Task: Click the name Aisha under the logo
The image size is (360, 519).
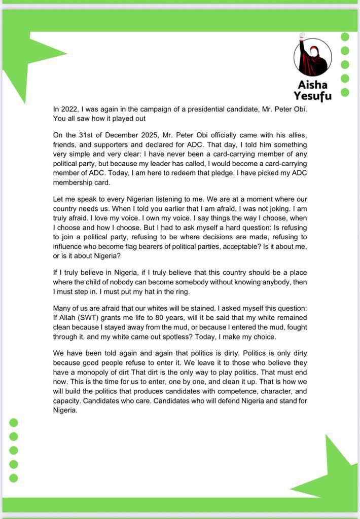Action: tap(312, 85)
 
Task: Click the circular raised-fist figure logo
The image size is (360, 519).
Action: tap(312, 57)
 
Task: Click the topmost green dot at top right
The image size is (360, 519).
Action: tap(345, 36)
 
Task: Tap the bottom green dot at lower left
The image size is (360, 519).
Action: tap(14, 478)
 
